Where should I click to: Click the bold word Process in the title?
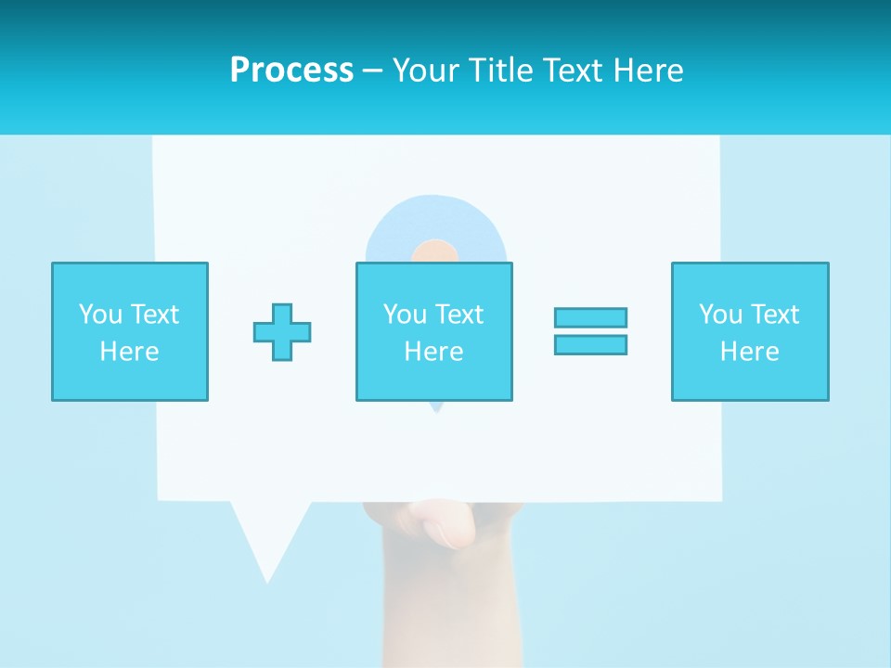(291, 71)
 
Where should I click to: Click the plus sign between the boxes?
(282, 332)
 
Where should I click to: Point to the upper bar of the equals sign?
(590, 317)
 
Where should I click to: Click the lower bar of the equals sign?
(590, 344)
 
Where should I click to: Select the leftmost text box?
(130, 332)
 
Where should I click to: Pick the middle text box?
(433, 332)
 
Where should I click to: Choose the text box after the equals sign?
(749, 332)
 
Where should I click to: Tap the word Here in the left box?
(130, 352)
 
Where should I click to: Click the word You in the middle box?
(405, 315)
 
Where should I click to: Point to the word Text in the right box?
(774, 315)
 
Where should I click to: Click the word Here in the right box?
(749, 352)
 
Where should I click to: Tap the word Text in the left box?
(154, 315)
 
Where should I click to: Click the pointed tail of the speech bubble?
(266, 557)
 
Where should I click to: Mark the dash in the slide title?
(372, 71)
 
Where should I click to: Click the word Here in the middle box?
(433, 352)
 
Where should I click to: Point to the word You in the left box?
(100, 315)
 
